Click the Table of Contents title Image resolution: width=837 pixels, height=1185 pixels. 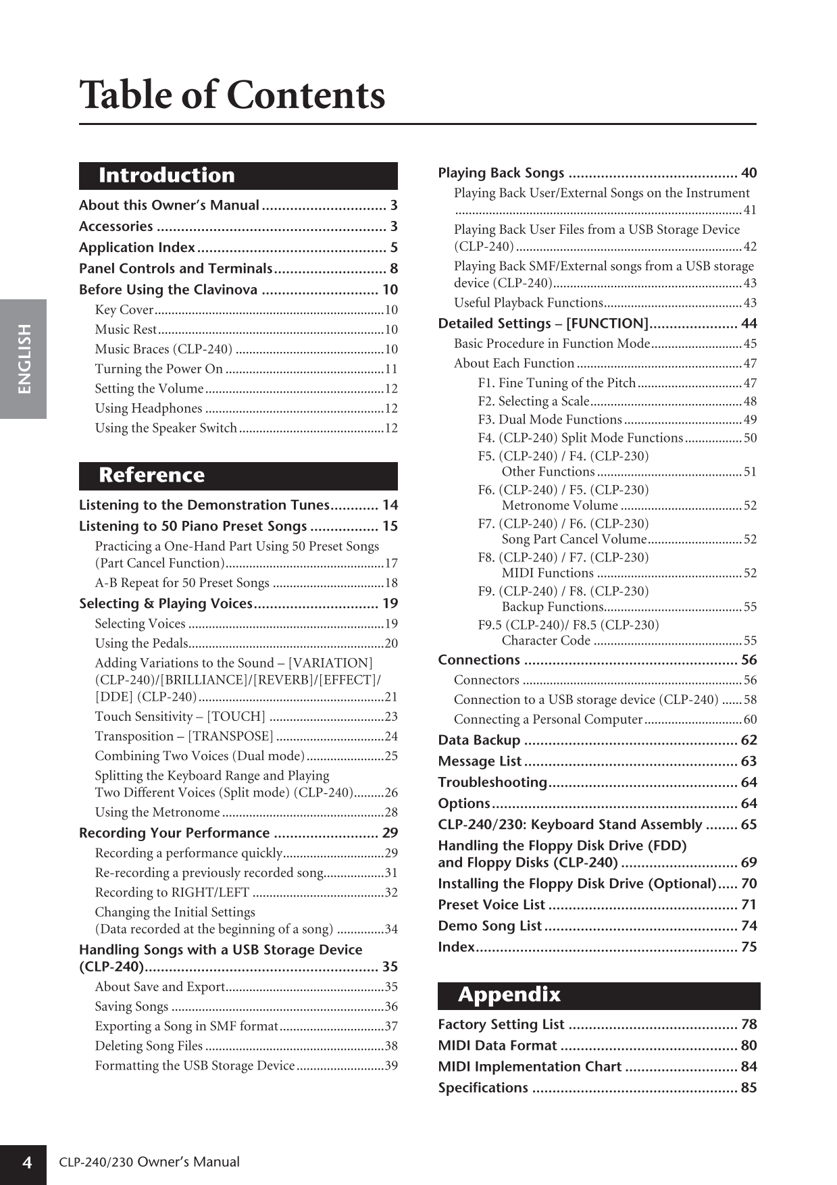232,95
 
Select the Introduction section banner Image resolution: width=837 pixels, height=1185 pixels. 238,176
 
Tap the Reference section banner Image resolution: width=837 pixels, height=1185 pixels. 238,476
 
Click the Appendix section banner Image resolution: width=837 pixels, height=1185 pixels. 598,995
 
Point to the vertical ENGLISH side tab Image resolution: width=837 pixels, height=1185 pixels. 24,359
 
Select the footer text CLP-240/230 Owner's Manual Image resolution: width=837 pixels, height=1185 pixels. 149,1162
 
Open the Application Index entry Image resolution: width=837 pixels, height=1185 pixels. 137,247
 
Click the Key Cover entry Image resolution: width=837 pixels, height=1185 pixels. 124,309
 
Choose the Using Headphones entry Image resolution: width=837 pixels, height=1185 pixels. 149,408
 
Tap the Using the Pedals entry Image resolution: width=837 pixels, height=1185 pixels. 142,643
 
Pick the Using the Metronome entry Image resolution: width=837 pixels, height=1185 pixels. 157,812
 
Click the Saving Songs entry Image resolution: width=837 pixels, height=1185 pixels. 132,1007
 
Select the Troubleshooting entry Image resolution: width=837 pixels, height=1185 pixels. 492,782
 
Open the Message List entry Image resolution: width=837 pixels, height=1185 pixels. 480,761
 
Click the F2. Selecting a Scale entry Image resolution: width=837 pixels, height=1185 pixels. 534,401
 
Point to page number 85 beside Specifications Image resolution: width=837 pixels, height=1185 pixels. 749,1088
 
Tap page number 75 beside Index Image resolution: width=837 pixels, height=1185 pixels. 749,947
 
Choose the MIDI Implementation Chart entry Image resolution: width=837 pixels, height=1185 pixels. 530,1067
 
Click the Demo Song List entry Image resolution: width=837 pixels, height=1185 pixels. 490,926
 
